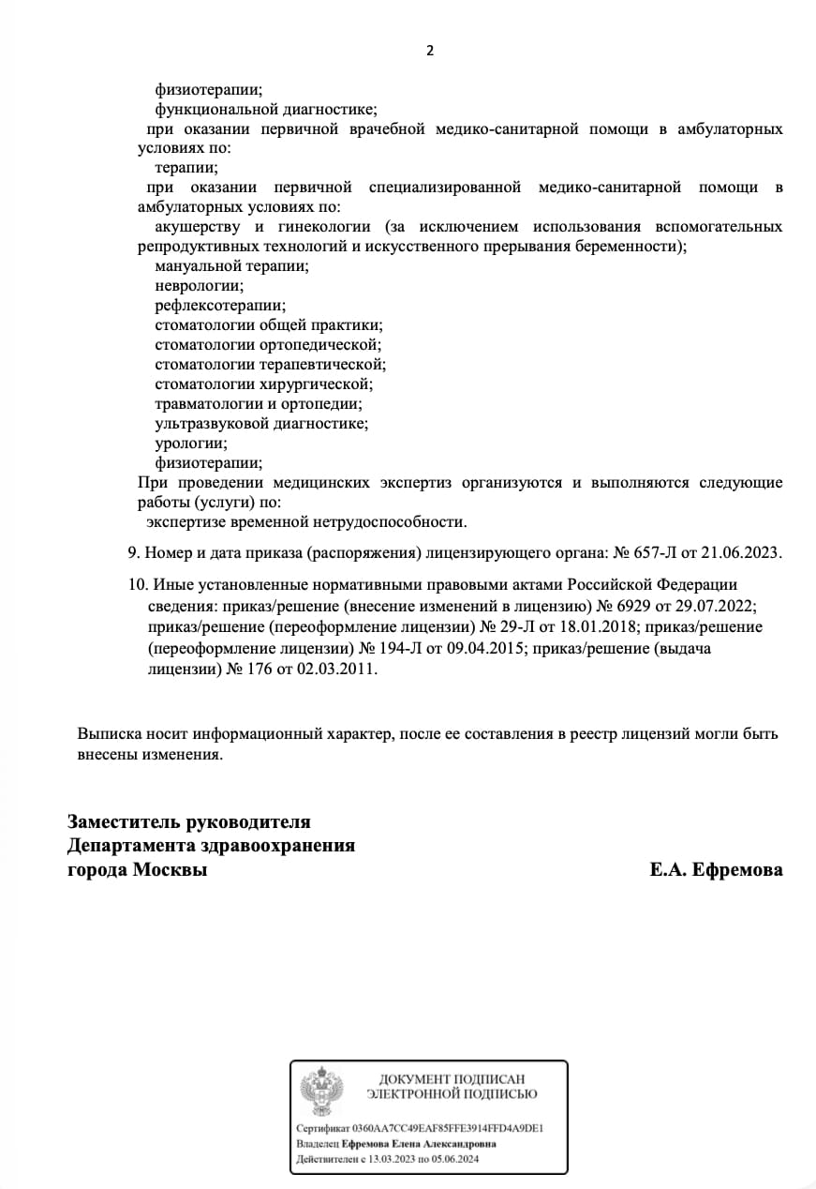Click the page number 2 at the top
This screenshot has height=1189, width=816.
click(430, 51)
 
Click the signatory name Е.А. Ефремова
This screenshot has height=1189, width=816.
click(716, 870)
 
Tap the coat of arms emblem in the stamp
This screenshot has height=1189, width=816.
click(321, 1091)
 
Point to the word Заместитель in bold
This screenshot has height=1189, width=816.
click(124, 822)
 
